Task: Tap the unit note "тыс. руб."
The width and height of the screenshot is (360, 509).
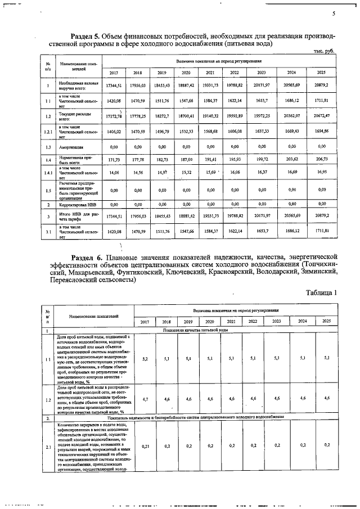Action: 323,51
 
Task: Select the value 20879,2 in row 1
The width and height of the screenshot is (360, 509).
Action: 322,84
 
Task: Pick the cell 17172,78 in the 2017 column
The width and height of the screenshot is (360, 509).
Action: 114,115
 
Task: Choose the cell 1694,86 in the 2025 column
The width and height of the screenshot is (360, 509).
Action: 322,130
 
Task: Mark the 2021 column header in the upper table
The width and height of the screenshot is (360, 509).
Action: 210,73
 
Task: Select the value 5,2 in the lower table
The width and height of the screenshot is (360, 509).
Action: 145,358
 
